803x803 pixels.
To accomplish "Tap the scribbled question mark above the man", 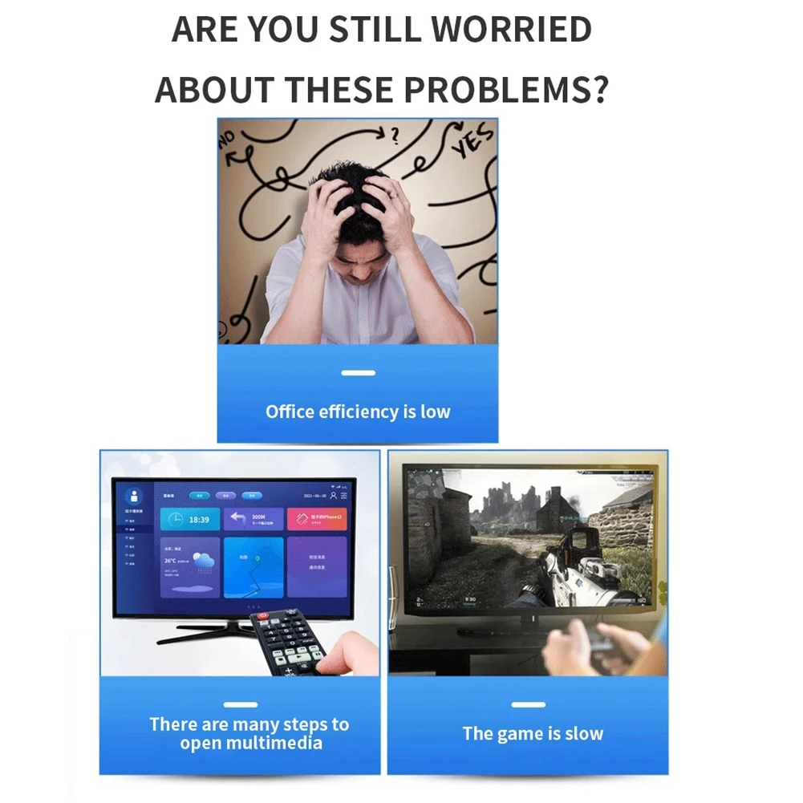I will tap(393, 135).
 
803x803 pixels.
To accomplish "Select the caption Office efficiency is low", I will tap(358, 412).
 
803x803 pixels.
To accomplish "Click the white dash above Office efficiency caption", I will tap(358, 373).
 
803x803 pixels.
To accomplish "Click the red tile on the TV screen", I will tap(317, 518).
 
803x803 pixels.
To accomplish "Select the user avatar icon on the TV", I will tap(134, 496).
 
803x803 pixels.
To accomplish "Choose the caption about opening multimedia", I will tap(249, 733).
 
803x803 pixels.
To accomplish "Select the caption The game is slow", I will tap(533, 733).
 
